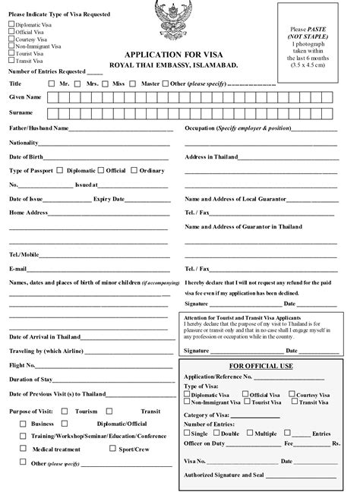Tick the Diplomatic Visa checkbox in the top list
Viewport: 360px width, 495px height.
[x=11, y=24]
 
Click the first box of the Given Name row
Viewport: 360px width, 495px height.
[x=52, y=97]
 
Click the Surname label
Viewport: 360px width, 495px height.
[x=22, y=112]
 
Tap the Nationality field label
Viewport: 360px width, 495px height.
[x=24, y=142]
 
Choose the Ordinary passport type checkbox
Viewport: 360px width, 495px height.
[x=134, y=171]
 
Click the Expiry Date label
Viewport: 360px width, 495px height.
[x=109, y=199]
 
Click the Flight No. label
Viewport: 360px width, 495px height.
[x=24, y=364]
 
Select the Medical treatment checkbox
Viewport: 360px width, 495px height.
[x=24, y=449]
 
